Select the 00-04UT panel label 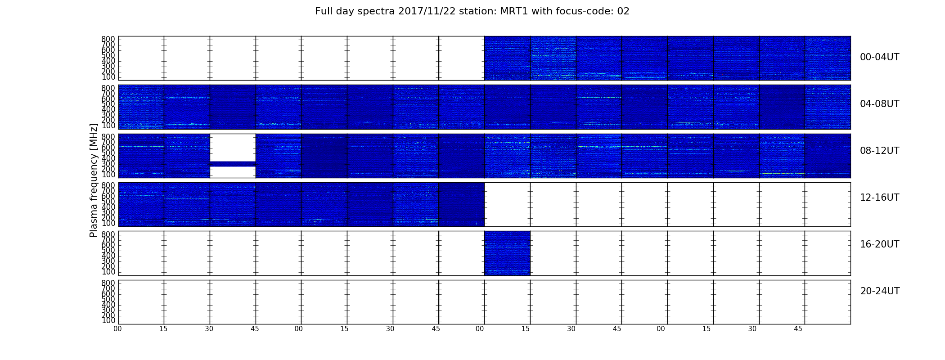click(880, 57)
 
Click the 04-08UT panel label click(880, 104)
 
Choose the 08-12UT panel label click(880, 151)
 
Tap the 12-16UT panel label click(880, 198)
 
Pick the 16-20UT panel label click(880, 244)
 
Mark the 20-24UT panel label click(880, 291)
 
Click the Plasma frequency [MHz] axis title click(94, 180)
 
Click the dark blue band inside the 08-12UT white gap click(233, 164)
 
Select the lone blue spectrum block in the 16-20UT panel click(507, 253)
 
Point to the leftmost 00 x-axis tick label click(117, 329)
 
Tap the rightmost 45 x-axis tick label click(798, 329)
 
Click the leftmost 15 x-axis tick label click(163, 329)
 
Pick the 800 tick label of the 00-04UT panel click(108, 39)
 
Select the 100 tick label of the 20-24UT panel click(108, 321)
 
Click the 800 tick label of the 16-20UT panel click(108, 234)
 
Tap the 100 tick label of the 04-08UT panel click(108, 126)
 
